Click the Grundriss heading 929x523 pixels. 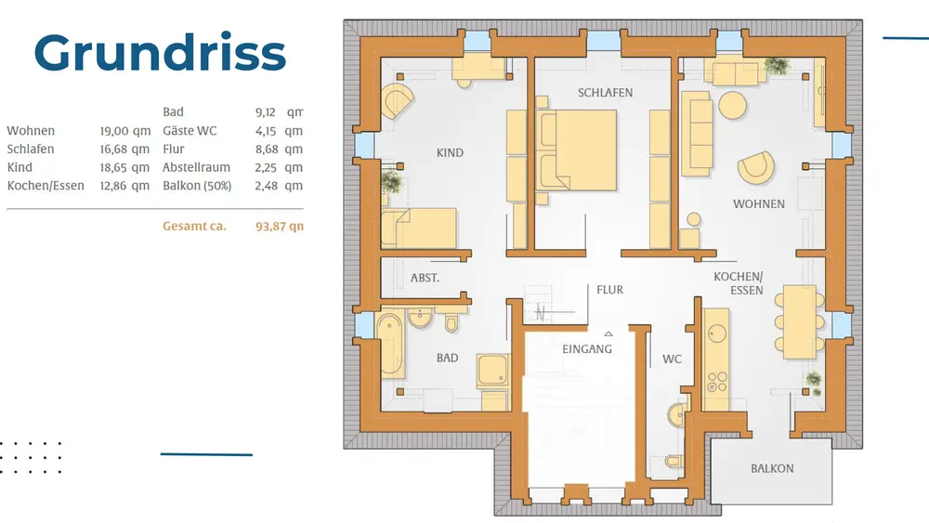[160, 52]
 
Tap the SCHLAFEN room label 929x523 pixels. [605, 92]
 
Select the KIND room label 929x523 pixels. [450, 153]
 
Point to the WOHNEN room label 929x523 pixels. [758, 203]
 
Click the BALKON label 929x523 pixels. [772, 468]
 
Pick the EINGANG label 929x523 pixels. [587, 349]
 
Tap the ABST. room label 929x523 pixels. [425, 277]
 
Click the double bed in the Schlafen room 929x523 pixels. [576, 150]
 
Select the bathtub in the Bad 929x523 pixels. [391, 346]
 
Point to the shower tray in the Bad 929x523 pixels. [493, 371]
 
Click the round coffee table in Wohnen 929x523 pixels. [733, 106]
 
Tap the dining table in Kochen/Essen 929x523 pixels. [800, 321]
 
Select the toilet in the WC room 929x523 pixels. [674, 460]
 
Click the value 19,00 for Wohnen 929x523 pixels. [114, 131]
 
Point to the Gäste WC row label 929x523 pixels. [190, 131]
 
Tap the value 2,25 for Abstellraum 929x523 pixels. [266, 167]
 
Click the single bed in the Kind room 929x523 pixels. [419, 228]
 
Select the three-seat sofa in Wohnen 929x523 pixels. [696, 134]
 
